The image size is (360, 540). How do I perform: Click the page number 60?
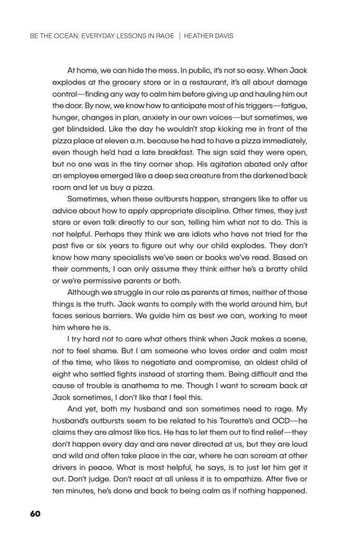point(34,513)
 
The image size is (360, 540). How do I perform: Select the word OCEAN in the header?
point(62,37)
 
